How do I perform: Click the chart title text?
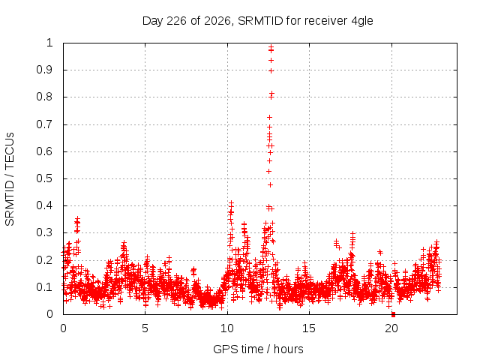point(258,21)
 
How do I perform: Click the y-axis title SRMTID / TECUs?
point(10,179)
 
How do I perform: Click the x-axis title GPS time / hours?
point(258,349)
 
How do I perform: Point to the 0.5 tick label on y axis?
point(45,178)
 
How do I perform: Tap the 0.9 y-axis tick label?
point(45,70)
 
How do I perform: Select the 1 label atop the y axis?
point(49,43)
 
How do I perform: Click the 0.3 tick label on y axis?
point(45,232)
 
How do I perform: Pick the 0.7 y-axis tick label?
point(45,124)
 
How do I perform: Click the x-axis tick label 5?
point(145,328)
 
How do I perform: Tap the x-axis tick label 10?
point(227,328)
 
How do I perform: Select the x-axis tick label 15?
point(309,328)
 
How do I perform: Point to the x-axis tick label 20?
point(391,328)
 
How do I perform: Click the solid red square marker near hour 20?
point(393,314)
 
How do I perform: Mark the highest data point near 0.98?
point(271,46)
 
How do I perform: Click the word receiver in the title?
point(326,21)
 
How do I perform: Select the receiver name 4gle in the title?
point(362,22)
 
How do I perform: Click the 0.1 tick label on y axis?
point(45,287)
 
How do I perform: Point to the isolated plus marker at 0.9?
point(271,71)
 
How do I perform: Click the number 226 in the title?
point(176,21)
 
